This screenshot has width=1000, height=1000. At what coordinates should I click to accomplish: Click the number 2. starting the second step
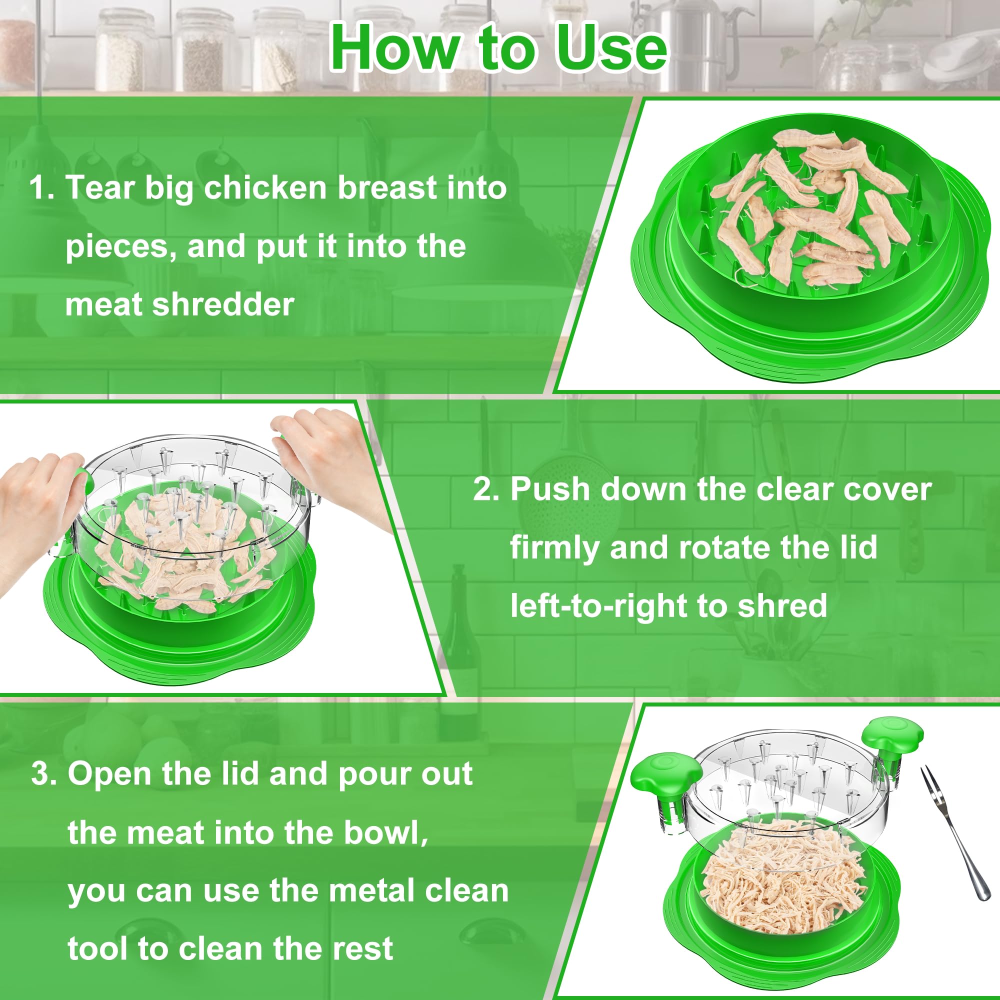486,489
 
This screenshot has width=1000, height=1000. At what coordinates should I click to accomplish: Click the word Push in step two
547,489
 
